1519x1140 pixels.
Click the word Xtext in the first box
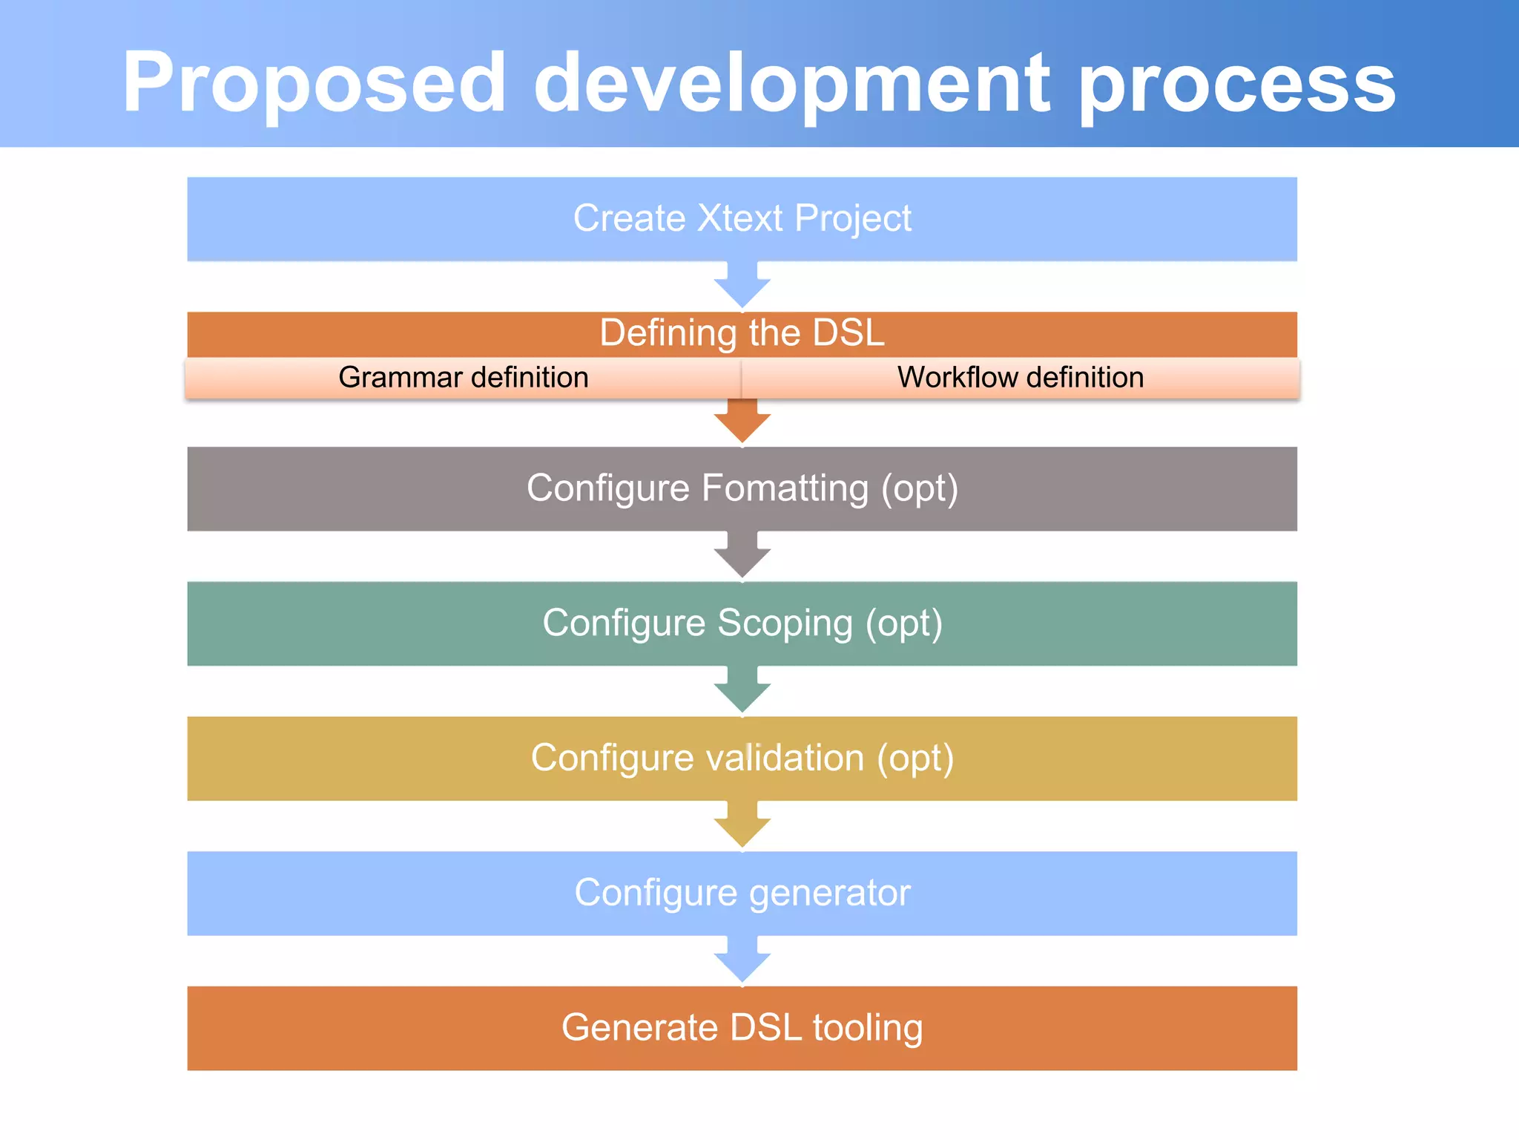click(740, 219)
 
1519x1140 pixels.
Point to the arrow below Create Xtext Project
click(742, 286)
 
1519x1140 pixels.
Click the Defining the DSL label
click(742, 332)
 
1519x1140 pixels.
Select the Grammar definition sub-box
click(464, 378)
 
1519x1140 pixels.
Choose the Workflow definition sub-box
click(1021, 378)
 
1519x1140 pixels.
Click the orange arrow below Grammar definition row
click(742, 421)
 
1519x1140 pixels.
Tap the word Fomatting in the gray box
click(785, 488)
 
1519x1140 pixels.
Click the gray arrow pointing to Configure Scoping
click(742, 555)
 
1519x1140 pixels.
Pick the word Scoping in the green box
click(785, 623)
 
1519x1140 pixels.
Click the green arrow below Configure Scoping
click(742, 690)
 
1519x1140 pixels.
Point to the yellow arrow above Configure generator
click(742, 825)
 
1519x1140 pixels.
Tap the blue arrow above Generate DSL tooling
click(742, 960)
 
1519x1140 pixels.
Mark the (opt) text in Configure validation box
click(915, 759)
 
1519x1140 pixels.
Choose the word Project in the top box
click(853, 219)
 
